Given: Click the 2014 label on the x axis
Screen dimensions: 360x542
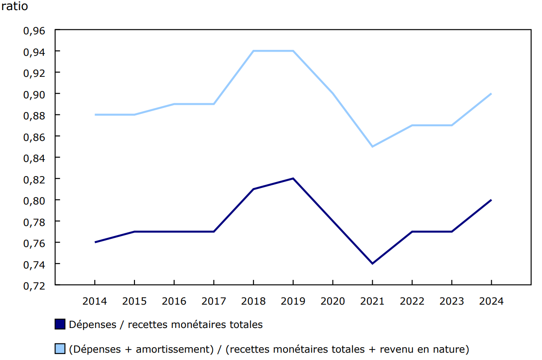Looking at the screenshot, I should (x=95, y=301).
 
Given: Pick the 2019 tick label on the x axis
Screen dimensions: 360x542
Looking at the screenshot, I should (x=293, y=301).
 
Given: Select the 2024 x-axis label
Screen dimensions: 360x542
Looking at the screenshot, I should (x=491, y=301).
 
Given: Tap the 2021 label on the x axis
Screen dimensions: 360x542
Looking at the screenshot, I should (x=372, y=301).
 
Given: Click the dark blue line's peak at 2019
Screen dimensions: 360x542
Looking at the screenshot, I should (x=293, y=178).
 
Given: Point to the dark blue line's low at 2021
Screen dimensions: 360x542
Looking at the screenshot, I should (x=372, y=263).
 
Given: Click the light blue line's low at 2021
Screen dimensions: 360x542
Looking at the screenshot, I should (x=372, y=146).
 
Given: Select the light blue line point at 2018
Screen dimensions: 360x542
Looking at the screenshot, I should (x=253, y=51).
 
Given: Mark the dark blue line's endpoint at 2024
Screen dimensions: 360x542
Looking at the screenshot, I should (x=491, y=200).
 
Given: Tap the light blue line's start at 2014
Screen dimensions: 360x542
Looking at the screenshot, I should (x=95, y=115).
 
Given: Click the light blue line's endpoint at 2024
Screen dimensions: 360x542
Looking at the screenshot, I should (x=491, y=94).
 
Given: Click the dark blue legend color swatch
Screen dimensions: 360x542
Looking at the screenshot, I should (x=60, y=324).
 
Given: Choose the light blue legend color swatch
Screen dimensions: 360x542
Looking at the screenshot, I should (x=60, y=349).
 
